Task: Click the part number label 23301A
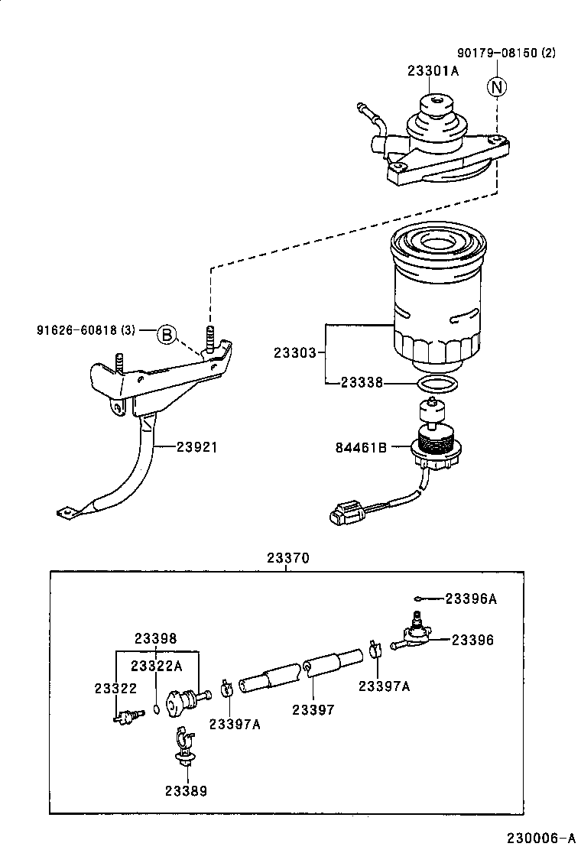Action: pyautogui.click(x=433, y=71)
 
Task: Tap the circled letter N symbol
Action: pyautogui.click(x=497, y=87)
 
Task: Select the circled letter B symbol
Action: pyautogui.click(x=167, y=334)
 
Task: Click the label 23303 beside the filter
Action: pyautogui.click(x=295, y=353)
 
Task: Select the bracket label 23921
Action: pyautogui.click(x=197, y=447)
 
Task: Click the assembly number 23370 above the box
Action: pyautogui.click(x=287, y=558)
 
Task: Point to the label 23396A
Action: pyautogui.click(x=471, y=599)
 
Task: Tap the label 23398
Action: pyautogui.click(x=156, y=638)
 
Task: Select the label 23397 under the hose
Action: pyautogui.click(x=313, y=710)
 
